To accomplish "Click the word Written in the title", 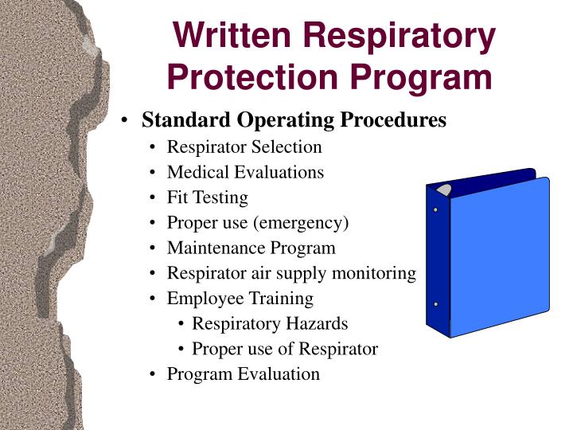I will pos(235,36).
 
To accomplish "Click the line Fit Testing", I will pos(207,197).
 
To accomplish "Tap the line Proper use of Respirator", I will pos(284,349).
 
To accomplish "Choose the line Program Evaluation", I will pos(243,374).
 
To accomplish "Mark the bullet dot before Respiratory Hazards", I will pos(183,324).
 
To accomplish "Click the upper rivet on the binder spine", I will pos(435,210).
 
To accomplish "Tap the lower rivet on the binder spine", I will pos(435,304).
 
